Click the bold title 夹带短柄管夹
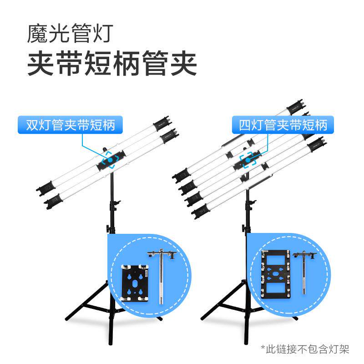112,65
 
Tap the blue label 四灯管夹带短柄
283,125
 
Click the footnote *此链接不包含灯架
305,349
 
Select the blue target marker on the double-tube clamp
110,161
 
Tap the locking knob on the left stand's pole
107,227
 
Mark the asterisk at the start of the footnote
263,348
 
